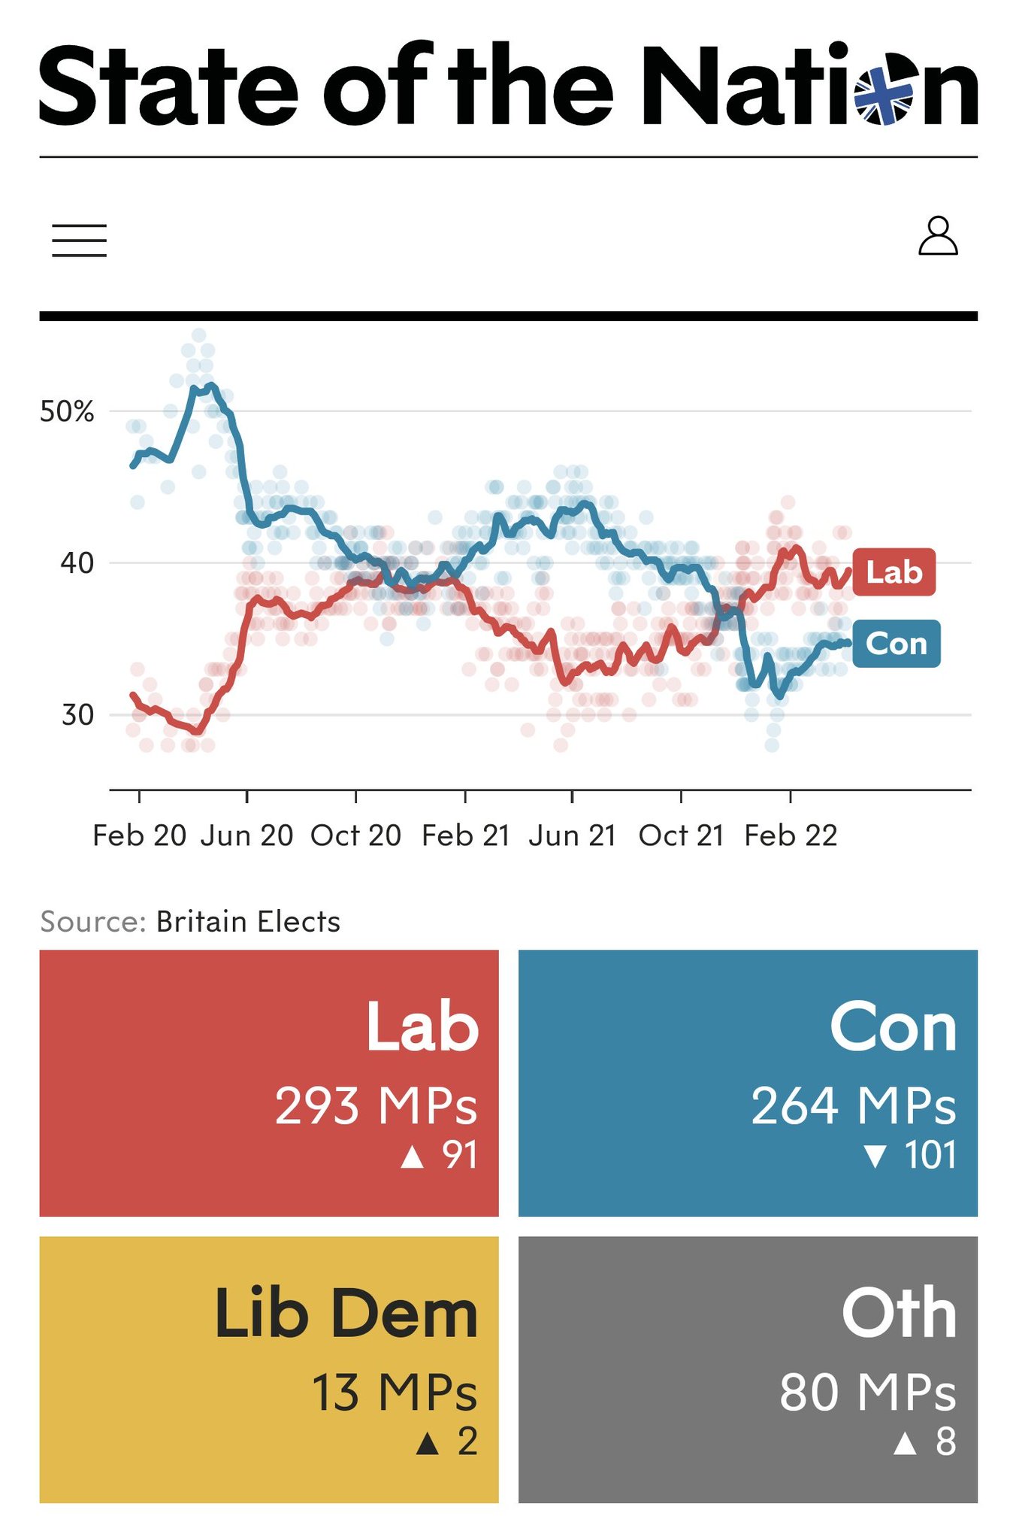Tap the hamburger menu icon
pyautogui.click(x=79, y=241)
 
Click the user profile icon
pyautogui.click(x=938, y=237)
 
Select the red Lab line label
pyautogui.click(x=894, y=572)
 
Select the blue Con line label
pyautogui.click(x=896, y=644)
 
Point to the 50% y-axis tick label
pyautogui.click(x=67, y=412)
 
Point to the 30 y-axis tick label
pyautogui.click(x=77, y=714)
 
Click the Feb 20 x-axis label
pyautogui.click(x=139, y=835)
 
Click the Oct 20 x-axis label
pyautogui.click(x=355, y=835)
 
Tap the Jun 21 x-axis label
pyautogui.click(x=572, y=835)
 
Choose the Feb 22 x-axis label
pyautogui.click(x=791, y=835)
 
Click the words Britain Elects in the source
pyautogui.click(x=248, y=921)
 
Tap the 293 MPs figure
pyautogui.click(x=376, y=1105)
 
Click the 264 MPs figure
pyautogui.click(x=853, y=1105)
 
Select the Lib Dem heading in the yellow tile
pyautogui.click(x=346, y=1314)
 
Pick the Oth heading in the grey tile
pyautogui.click(x=899, y=1314)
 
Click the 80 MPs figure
pyautogui.click(x=867, y=1392)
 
